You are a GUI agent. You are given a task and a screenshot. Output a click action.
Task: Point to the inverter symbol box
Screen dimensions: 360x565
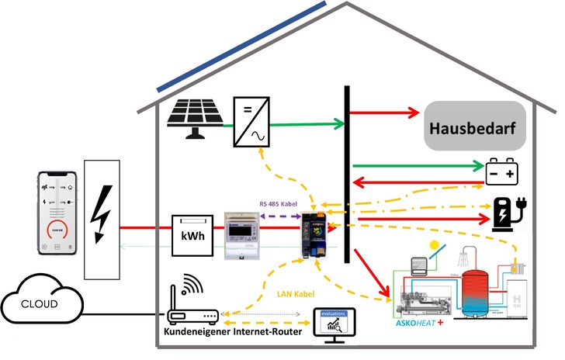[x=251, y=121]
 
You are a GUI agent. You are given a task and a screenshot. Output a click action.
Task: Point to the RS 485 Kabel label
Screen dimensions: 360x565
[x=279, y=203]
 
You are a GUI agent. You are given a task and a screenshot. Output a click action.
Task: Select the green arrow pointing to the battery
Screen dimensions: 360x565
[x=416, y=165]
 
